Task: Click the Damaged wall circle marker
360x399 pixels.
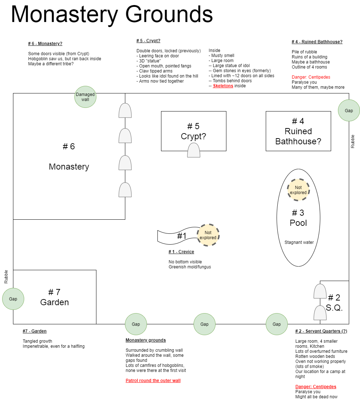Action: click(85, 97)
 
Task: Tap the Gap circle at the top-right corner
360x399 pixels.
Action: click(349, 110)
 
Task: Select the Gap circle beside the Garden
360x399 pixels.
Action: click(13, 299)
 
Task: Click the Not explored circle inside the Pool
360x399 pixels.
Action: click(298, 190)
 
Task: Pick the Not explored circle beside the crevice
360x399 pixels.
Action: click(208, 235)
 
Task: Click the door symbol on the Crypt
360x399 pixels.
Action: click(194, 150)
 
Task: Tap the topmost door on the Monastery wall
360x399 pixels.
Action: click(125, 110)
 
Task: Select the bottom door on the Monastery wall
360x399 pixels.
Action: click(125, 190)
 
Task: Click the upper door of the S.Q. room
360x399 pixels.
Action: click(320, 291)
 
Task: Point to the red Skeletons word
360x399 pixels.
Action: click(223, 86)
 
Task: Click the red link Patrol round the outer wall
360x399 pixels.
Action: click(153, 381)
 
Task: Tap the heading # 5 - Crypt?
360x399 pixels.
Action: click(148, 41)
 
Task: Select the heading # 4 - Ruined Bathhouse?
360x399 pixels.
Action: click(317, 42)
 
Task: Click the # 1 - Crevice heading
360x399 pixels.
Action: click(181, 252)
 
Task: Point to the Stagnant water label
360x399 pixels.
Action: click(299, 242)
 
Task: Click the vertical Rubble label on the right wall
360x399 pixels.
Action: click(353, 141)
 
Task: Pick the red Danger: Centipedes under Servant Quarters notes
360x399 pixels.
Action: click(316, 386)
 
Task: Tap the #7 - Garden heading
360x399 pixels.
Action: click(35, 331)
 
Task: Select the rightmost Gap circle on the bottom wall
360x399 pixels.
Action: click(277, 324)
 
